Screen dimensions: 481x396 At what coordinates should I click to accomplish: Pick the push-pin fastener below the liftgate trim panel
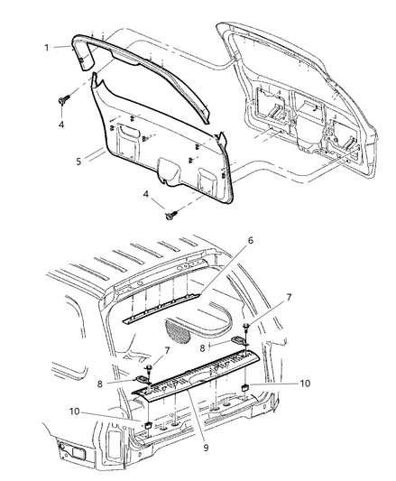pos(170,214)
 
